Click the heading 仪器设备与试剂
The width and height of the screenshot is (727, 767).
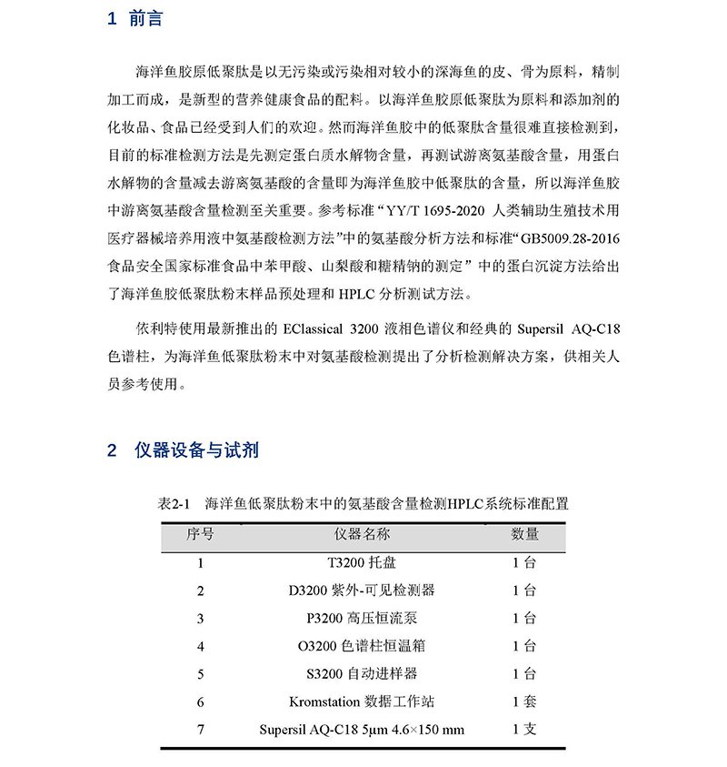pos(196,450)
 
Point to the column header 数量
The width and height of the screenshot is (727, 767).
pos(524,534)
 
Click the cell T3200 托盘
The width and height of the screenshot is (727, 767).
pos(362,562)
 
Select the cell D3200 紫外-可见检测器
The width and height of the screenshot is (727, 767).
pos(362,590)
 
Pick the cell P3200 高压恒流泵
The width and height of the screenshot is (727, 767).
pos(362,619)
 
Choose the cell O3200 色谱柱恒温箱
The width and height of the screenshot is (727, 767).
pos(362,646)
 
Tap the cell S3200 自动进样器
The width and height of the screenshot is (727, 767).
pos(362,674)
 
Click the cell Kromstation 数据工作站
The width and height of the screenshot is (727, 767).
pos(362,701)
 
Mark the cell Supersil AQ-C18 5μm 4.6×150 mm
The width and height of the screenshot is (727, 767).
pos(362,730)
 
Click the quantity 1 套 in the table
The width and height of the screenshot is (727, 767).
pos(524,701)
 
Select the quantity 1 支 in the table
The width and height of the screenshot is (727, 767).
pos(524,730)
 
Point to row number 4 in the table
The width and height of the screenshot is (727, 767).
pos(200,646)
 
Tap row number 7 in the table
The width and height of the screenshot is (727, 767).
pos(200,730)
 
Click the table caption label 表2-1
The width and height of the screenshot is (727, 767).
pos(172,503)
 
